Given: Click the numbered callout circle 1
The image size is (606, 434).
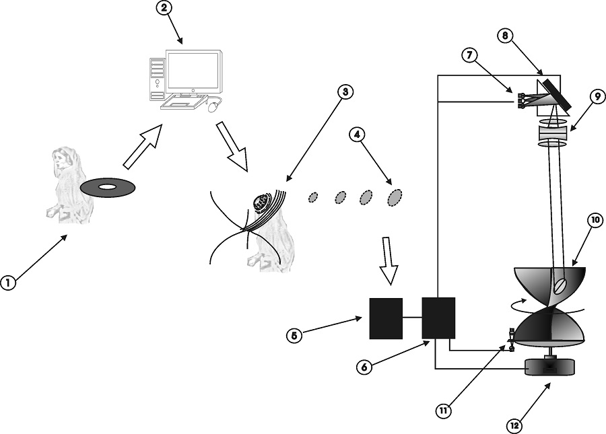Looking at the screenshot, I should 8,283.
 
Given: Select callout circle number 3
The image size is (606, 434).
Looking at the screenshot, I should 346,92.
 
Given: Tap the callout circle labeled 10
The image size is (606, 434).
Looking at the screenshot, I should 595,220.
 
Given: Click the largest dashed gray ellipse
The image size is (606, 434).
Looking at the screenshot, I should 395,196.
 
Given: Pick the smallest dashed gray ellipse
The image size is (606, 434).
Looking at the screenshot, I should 312,197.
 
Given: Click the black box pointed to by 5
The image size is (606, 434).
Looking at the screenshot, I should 386,318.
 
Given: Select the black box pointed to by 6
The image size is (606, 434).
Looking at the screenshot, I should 438,318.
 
